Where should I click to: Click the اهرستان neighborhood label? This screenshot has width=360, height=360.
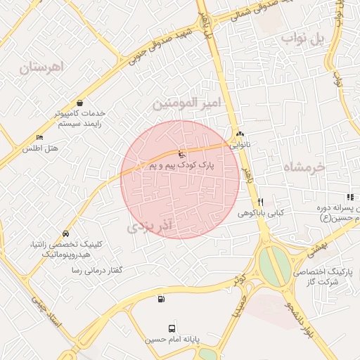41,67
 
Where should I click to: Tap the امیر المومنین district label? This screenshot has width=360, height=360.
187,103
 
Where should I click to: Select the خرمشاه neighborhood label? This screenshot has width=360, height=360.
305,167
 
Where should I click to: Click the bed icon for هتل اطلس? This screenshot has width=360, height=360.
39,137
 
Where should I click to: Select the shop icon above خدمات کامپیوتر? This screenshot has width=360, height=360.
79,102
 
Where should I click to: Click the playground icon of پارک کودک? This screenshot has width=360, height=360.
181,154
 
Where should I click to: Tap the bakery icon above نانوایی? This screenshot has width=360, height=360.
240,134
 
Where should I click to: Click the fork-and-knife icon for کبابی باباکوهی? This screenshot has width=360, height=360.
261,202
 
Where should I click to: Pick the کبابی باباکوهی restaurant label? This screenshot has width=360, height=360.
260,212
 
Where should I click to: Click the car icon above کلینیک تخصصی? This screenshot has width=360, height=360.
65,233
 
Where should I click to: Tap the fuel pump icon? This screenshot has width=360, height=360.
162,299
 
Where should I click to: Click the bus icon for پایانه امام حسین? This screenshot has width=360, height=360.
172,328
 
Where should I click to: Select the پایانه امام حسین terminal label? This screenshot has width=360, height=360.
173,340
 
